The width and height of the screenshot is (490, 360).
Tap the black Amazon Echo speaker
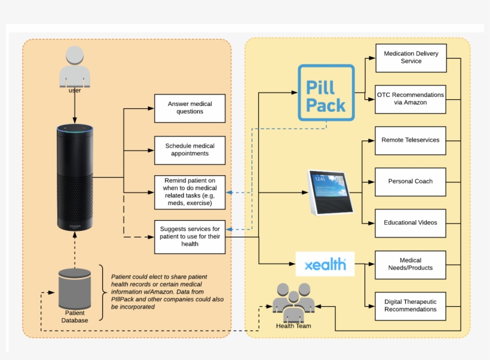[75, 178]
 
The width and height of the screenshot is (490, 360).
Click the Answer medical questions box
[190, 108]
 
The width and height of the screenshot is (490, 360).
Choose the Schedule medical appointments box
[190, 150]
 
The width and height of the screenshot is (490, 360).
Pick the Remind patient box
[190, 193]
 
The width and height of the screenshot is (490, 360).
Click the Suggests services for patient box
[190, 236]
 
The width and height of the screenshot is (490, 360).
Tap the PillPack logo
[326, 93]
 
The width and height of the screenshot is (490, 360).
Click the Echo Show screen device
[330, 192]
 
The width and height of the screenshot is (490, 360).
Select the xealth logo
[325, 264]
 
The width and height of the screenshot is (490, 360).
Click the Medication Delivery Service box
[411, 58]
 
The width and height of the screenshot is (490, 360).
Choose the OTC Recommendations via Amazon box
[411, 99]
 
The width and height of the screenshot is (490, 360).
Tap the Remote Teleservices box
[411, 141]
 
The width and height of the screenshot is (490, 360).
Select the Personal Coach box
[411, 181]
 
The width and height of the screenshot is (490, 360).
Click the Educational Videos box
[411, 222]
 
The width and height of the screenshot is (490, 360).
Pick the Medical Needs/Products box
[411, 264]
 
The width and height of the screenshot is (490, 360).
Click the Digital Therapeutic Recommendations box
[411, 306]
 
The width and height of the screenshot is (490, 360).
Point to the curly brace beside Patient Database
[102, 292]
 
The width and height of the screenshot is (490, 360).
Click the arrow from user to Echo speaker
[75, 108]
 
